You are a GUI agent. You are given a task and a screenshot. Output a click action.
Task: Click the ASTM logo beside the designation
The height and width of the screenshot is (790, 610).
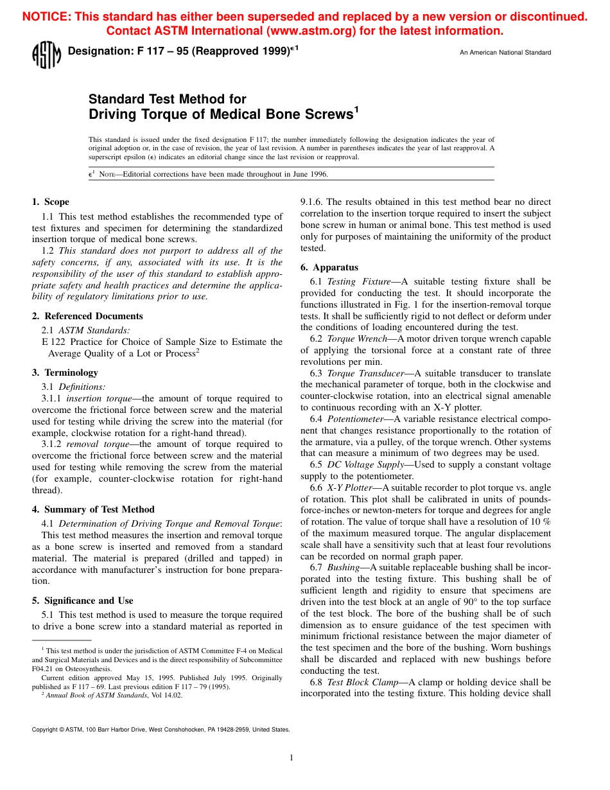coord(46,55)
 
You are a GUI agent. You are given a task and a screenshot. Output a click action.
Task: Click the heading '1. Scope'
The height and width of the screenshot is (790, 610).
coord(51,202)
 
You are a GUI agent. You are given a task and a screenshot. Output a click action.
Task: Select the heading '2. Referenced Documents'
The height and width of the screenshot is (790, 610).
coord(87,316)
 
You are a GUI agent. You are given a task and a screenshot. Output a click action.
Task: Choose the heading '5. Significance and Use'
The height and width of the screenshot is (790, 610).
coord(83,601)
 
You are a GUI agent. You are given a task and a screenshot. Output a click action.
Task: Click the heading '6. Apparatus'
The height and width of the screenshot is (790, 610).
coord(329,267)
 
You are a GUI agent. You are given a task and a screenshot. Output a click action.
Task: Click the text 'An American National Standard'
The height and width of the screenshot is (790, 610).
coord(505,53)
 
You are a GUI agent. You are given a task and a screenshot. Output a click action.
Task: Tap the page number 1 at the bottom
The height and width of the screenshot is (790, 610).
coord(291,758)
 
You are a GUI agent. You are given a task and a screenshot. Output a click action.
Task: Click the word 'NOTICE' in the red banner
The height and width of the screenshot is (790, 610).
coord(46,17)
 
